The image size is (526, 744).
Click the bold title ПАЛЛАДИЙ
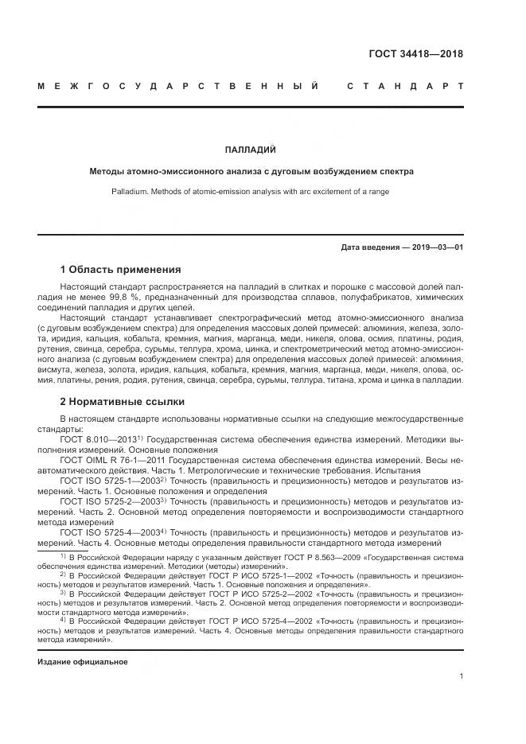[x=251, y=149]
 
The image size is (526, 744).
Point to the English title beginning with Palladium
[x=251, y=192]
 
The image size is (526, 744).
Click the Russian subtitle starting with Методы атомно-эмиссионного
[x=251, y=171]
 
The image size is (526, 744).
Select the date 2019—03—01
[x=438, y=247]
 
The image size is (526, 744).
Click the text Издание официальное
[x=83, y=662]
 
